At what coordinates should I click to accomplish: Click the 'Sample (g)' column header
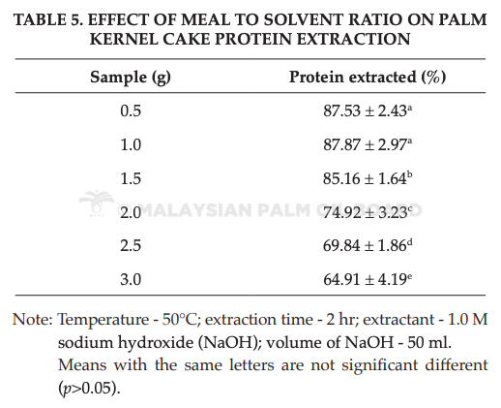[131, 78]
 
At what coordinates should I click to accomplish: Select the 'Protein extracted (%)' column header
[368, 78]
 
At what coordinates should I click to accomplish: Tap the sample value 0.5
[131, 110]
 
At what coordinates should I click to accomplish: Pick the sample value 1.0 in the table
[131, 144]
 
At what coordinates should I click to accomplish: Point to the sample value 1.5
[131, 178]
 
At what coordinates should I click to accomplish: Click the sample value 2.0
[131, 212]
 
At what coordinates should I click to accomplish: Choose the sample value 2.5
[131, 245]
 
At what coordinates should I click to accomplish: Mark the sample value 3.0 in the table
[131, 279]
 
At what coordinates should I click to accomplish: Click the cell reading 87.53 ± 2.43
[368, 110]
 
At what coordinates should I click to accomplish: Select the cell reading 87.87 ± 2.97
[368, 144]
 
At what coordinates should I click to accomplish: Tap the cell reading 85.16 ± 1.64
[368, 178]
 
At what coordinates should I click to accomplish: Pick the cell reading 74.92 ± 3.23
[368, 212]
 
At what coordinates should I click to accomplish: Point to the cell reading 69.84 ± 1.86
[368, 245]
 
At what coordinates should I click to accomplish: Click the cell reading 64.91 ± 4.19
[368, 279]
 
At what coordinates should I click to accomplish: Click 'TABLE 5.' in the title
[48, 20]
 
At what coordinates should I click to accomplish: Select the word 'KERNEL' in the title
[123, 40]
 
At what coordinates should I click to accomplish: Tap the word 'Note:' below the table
[33, 320]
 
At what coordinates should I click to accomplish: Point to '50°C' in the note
[179, 320]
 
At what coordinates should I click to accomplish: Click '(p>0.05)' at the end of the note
[89, 389]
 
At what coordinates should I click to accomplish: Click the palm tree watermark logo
[97, 203]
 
